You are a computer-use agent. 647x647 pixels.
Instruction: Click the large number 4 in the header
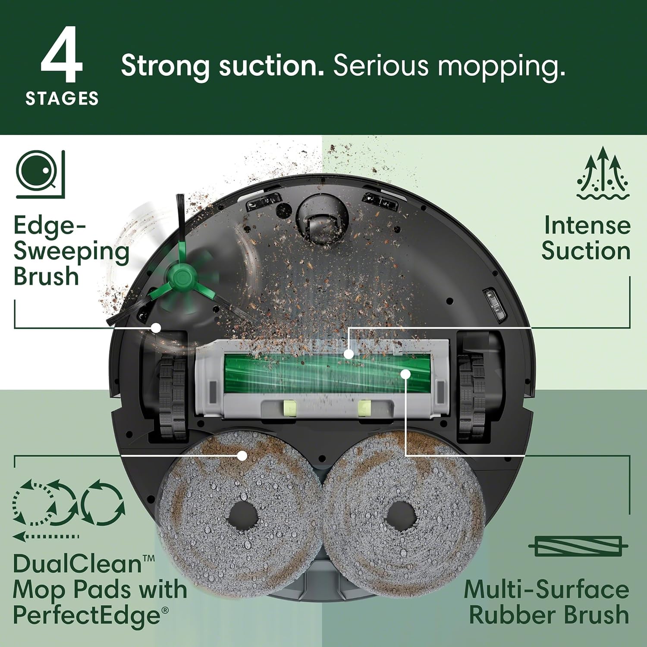61,55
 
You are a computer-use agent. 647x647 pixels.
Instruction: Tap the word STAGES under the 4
62,99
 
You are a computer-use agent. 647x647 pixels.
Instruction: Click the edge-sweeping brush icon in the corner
40,174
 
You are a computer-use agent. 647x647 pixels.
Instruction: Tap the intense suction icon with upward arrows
603,173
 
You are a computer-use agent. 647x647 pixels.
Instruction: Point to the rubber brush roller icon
578,546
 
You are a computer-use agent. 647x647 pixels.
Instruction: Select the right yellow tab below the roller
364,408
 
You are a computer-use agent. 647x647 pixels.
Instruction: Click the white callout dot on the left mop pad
242,455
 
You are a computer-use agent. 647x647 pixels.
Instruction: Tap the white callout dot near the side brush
156,328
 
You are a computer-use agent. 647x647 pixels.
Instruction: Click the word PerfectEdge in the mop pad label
86,615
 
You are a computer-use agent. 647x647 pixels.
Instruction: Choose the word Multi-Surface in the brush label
546,589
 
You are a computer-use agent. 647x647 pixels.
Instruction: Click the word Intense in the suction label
587,226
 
